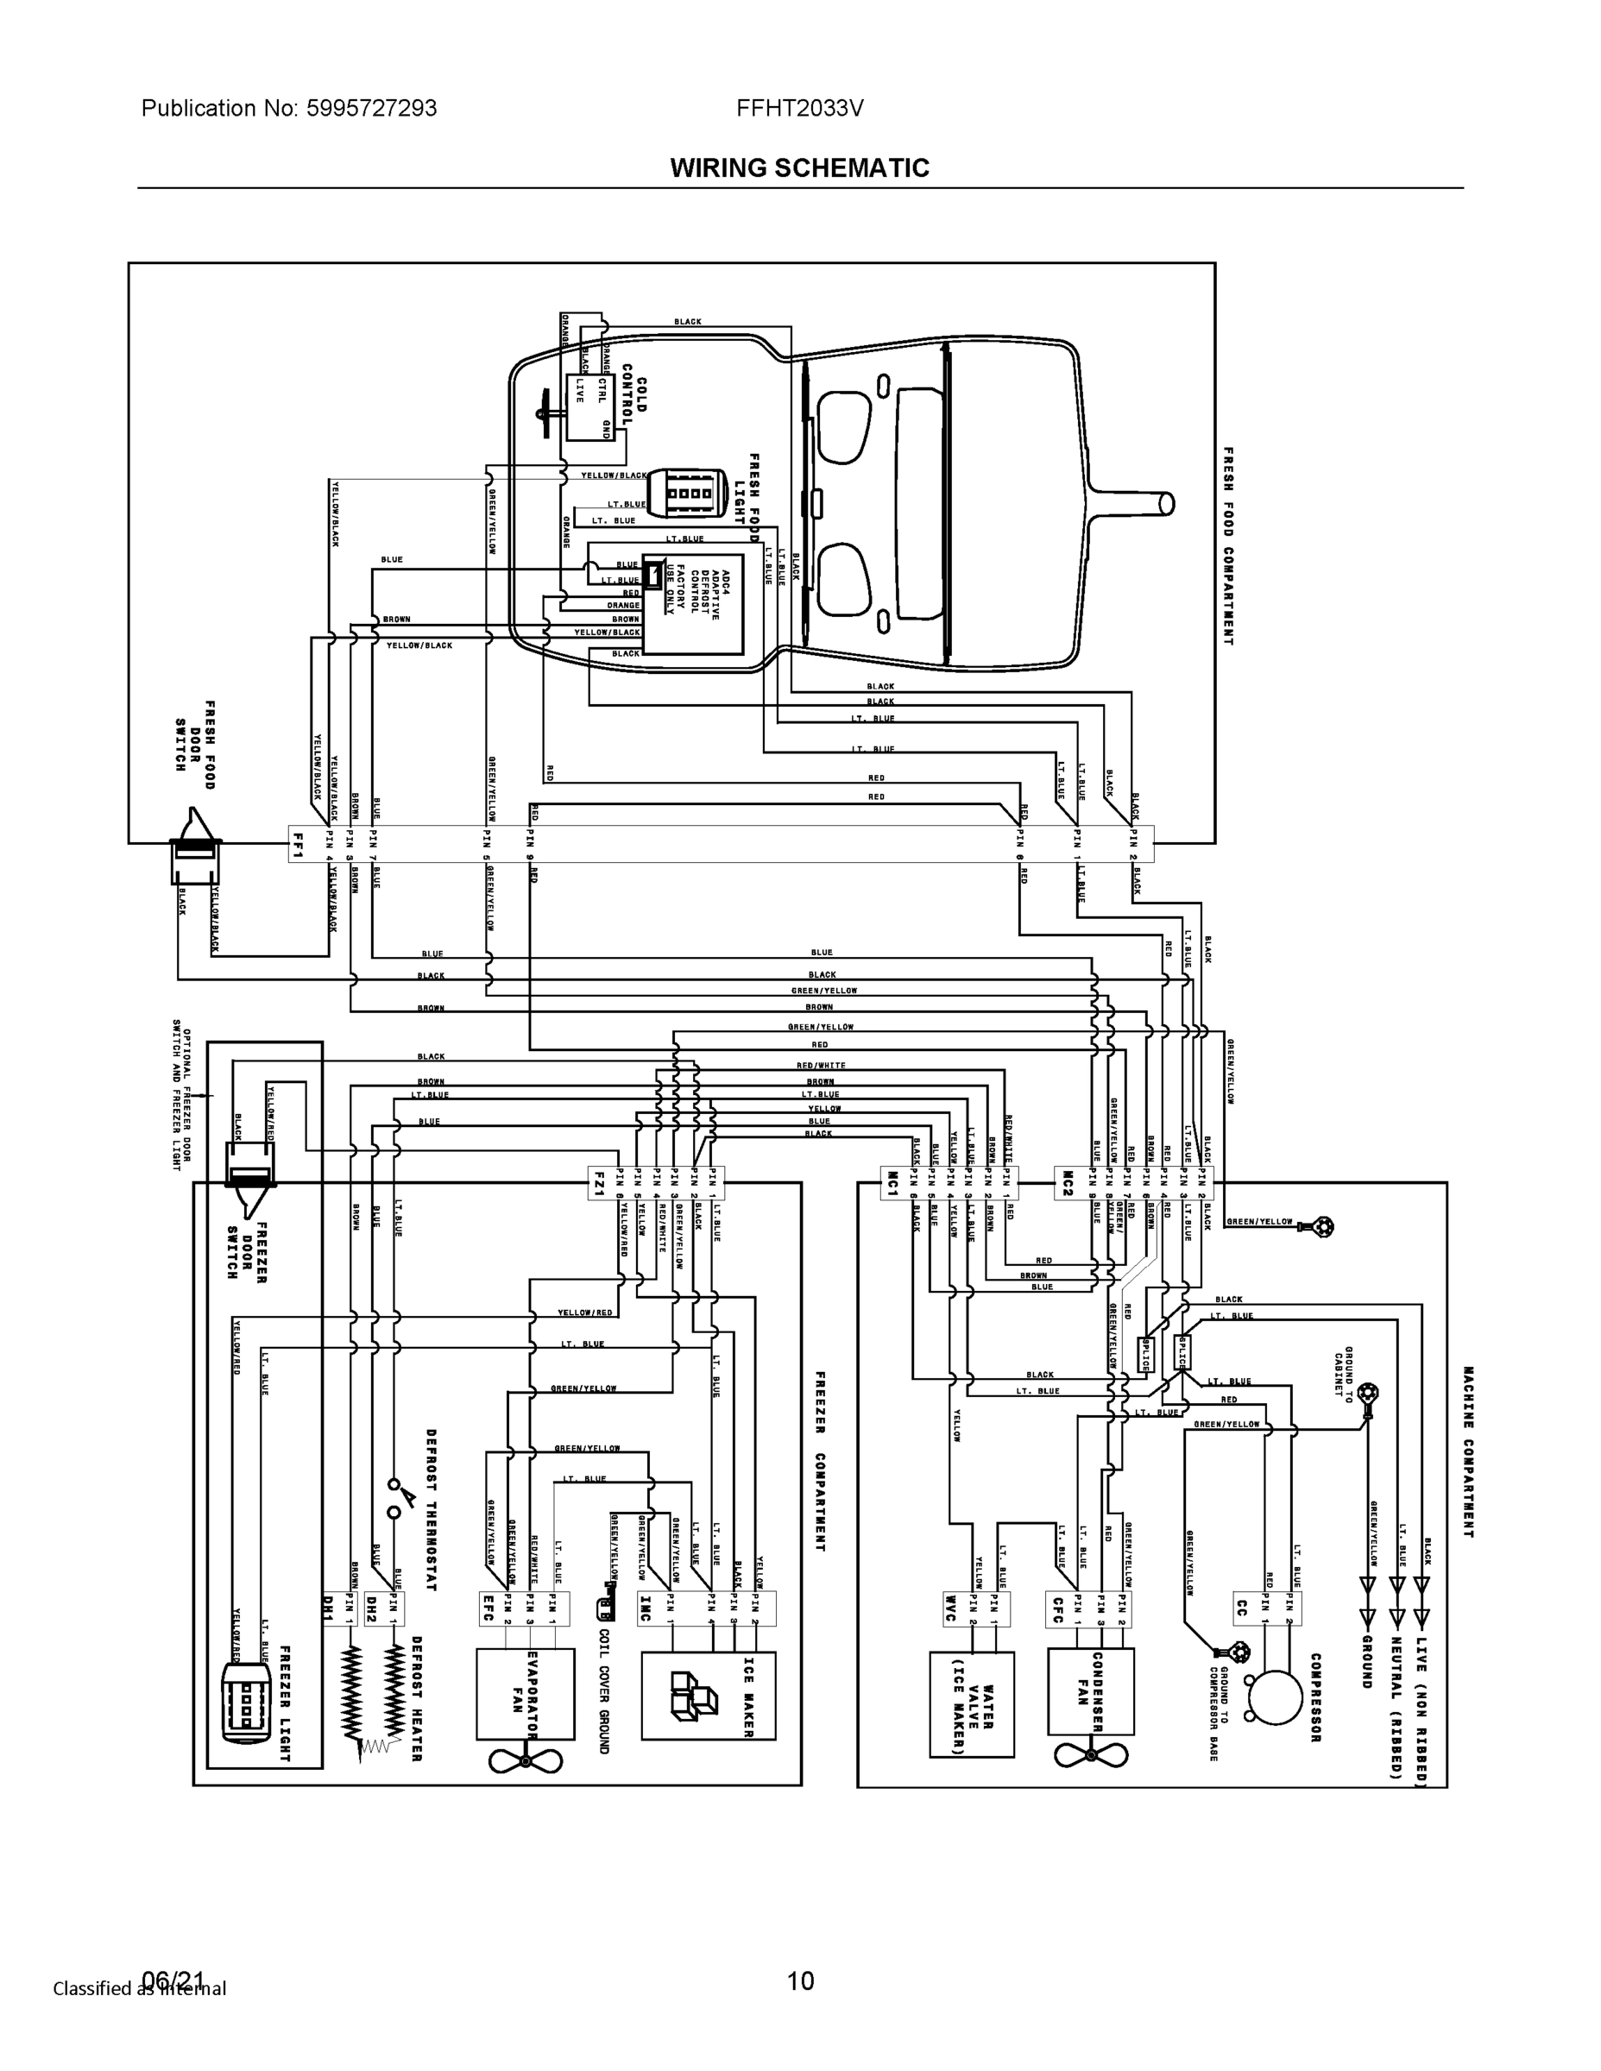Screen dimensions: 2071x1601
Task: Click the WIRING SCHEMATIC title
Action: (799, 168)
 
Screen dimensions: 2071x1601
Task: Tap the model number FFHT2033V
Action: (799, 108)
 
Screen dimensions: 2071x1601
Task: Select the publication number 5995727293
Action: (371, 108)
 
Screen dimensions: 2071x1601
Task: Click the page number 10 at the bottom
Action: (801, 1981)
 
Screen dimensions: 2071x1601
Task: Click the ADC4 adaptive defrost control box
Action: (692, 603)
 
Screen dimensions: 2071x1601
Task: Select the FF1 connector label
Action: (298, 843)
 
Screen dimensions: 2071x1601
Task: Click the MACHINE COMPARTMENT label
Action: (1467, 1451)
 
